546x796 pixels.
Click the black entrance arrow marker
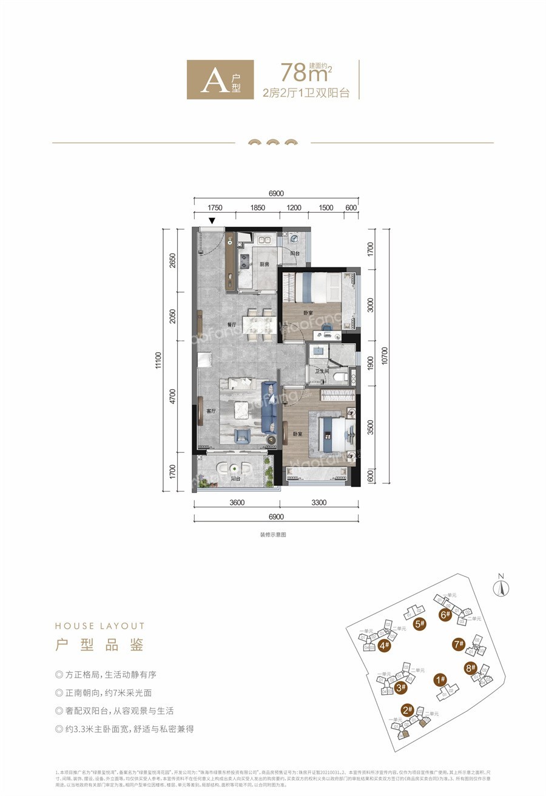tap(212, 222)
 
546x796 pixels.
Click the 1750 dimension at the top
tap(215, 208)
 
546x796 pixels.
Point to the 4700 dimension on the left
tap(172, 396)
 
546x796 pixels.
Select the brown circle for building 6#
tap(445, 614)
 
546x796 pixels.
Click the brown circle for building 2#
tap(407, 710)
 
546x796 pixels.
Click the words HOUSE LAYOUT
tap(99, 626)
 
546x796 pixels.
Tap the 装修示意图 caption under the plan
tap(272, 535)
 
